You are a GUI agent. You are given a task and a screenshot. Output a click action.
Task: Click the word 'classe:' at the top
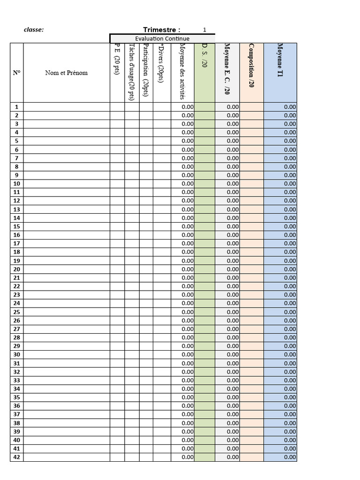coord(34,30)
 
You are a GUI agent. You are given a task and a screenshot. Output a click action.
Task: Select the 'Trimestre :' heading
coord(162,30)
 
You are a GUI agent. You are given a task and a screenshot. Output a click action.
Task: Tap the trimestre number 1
coord(204,30)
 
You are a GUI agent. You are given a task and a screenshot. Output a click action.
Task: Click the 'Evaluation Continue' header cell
coord(162,38)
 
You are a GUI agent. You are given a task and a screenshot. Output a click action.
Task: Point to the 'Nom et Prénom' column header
coord(66,73)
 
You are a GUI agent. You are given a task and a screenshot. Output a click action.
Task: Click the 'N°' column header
coord(17,73)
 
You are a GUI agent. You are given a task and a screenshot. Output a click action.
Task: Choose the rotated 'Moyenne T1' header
coord(280,60)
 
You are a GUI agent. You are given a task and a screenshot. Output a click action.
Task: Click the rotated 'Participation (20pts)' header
coord(146,70)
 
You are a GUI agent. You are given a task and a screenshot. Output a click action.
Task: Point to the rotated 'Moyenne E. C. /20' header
coord(227,69)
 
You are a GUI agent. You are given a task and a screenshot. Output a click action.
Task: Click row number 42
coord(17,457)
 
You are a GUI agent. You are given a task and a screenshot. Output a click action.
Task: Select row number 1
coord(17,107)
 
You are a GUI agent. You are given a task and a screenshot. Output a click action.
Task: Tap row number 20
coord(17,269)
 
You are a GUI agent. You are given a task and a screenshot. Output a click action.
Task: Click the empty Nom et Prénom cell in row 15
coord(66,226)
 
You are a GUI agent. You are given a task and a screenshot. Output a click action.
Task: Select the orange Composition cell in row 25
coord(252,312)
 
